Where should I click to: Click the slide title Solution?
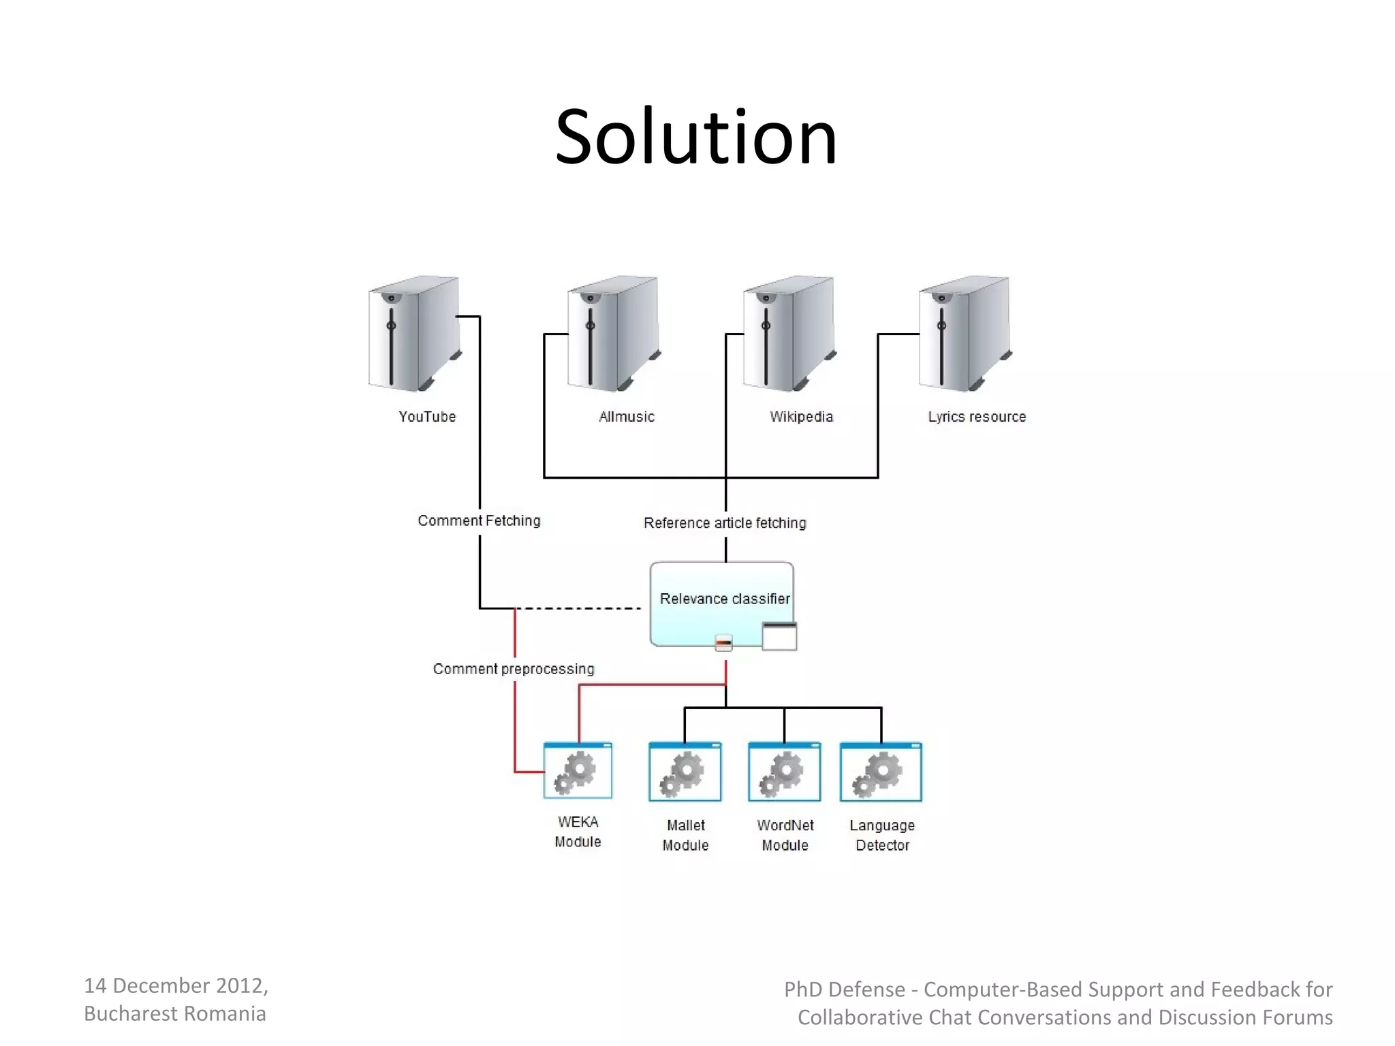pos(695,138)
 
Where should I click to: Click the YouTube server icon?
pos(414,334)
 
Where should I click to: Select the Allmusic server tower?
pos(613,334)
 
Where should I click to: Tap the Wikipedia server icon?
pos(789,334)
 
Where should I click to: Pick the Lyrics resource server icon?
pos(965,334)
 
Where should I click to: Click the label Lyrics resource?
pos(976,417)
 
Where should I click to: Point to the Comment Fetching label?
pos(479,521)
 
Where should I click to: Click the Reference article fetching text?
pos(725,523)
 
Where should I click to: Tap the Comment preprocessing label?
pos(514,669)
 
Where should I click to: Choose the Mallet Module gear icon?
pos(685,772)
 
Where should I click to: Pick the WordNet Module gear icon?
pos(784,772)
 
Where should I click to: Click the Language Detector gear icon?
pos(881,772)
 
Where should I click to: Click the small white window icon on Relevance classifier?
pos(779,637)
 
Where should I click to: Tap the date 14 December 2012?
pos(176,985)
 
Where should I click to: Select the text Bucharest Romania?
pos(175,1014)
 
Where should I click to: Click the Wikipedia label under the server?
pos(801,417)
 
